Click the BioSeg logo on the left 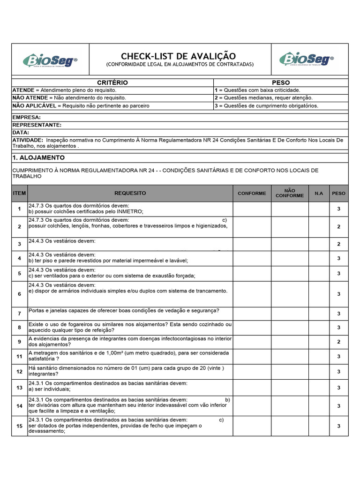[x=51, y=60]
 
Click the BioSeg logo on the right [x=307, y=60]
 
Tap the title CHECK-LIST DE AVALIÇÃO [x=179, y=56]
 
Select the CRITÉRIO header [x=112, y=82]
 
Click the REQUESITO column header [x=130, y=193]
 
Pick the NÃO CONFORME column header [x=289, y=193]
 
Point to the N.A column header [x=319, y=193]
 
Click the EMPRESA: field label [x=26, y=117]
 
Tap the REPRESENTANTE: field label [x=37, y=125]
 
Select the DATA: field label [x=21, y=133]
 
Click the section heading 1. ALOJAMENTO [x=38, y=157]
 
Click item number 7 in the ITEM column [x=19, y=313]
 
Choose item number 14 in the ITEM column [x=19, y=405]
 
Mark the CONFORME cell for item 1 [x=252, y=209]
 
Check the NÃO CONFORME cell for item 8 [x=289, y=327]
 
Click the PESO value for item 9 [x=338, y=342]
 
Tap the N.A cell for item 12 [x=319, y=371]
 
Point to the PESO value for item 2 [x=338, y=226]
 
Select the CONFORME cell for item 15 [x=252, y=426]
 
